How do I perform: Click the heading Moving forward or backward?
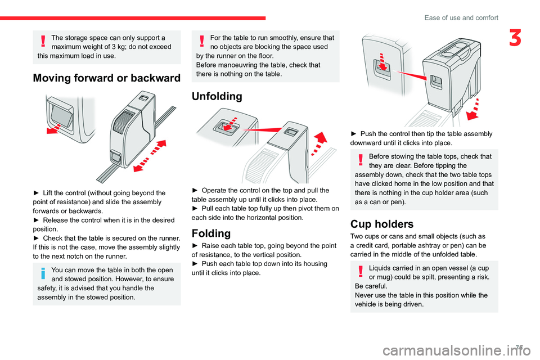107,78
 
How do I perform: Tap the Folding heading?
211,233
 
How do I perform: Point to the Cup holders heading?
381,224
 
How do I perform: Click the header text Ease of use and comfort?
461,17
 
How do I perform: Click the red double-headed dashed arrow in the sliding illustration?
150,156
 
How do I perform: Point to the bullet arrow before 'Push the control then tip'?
353,134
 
